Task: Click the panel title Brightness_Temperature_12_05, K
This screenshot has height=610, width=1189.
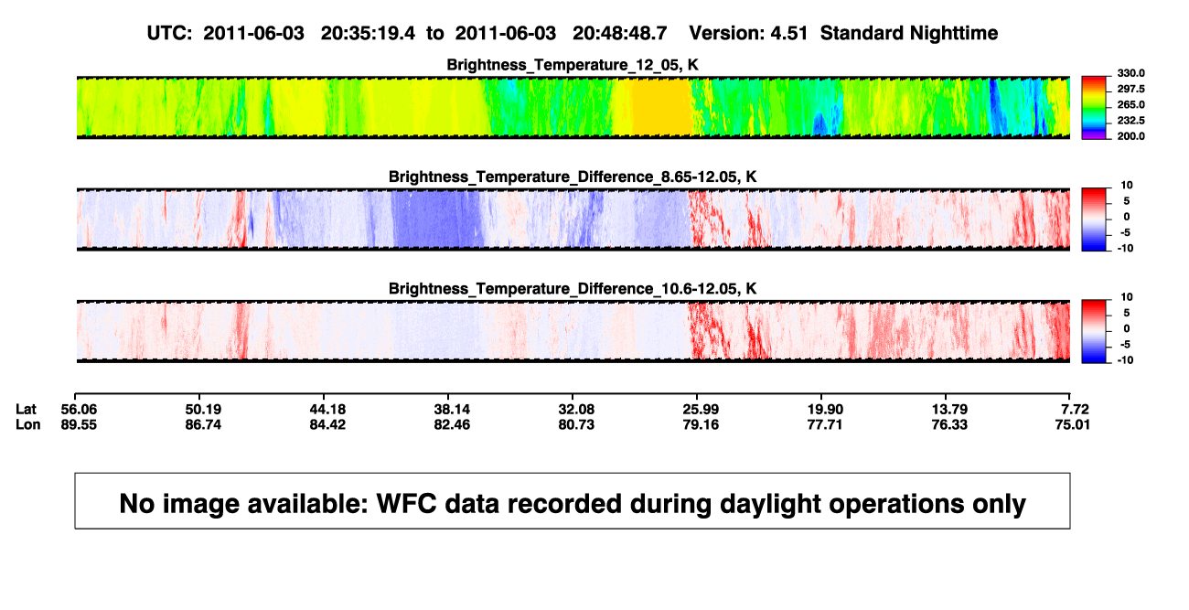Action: (x=573, y=65)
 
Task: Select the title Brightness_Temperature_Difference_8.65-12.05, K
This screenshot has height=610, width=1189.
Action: (x=573, y=177)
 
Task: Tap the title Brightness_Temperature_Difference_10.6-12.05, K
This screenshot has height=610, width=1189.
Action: (x=573, y=289)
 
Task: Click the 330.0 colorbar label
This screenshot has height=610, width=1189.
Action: (x=1130, y=73)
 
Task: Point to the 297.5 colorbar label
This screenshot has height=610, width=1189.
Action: (x=1130, y=90)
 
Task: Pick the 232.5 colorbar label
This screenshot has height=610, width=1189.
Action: (x=1130, y=121)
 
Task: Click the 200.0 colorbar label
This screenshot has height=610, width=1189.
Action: (x=1130, y=136)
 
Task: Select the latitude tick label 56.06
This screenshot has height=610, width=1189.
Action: (x=79, y=410)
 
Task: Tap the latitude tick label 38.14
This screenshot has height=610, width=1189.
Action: (x=452, y=410)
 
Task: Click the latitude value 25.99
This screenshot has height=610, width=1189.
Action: (x=701, y=410)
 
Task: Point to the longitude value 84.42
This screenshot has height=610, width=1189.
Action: (x=327, y=424)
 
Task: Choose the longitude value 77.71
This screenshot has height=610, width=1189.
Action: (x=825, y=424)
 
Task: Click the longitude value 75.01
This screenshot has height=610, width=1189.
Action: (x=1072, y=424)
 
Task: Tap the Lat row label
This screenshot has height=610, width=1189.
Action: (x=26, y=410)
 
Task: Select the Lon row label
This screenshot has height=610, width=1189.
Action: (x=27, y=424)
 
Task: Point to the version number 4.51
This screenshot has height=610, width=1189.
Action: (x=788, y=34)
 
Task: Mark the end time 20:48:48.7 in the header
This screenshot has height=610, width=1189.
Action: (x=619, y=34)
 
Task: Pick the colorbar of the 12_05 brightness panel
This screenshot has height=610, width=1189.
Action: (x=1094, y=108)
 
